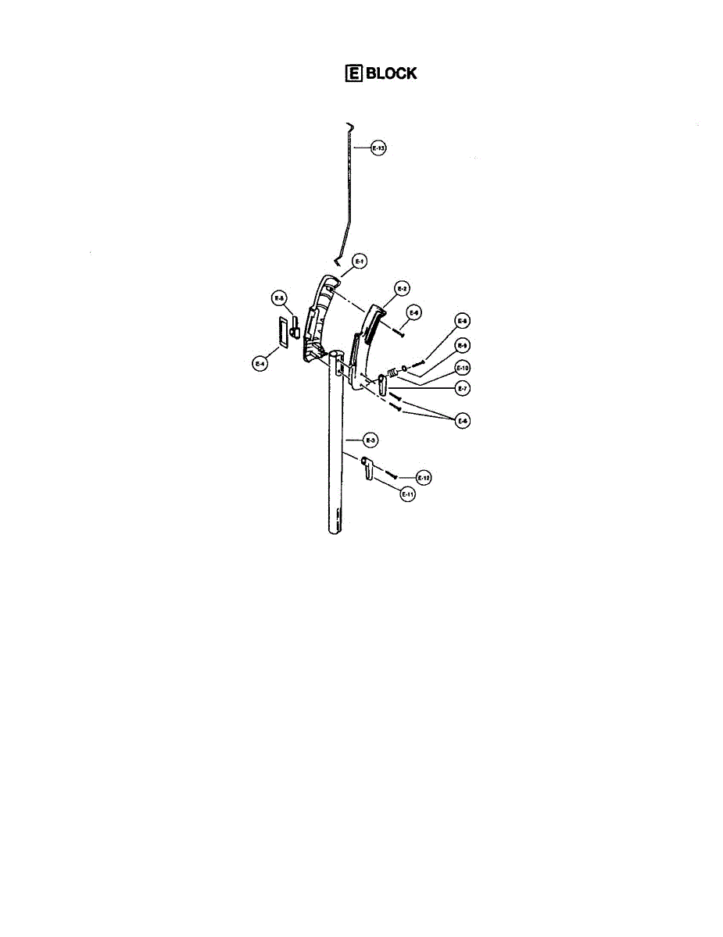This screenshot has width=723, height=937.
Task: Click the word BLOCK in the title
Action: [390, 73]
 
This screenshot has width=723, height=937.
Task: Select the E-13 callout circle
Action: [379, 148]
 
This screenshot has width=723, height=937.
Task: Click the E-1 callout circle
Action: [360, 262]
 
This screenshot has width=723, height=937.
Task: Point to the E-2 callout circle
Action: [400, 289]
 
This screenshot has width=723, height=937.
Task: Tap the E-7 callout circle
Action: [462, 388]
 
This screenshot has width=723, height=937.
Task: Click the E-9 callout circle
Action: [462, 345]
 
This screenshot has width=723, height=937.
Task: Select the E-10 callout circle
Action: [462, 367]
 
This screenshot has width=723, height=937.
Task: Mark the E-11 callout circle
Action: [406, 493]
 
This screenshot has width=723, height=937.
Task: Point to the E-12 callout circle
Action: [423, 476]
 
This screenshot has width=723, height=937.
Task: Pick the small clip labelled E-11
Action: [367, 471]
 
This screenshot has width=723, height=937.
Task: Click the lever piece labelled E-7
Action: [381, 385]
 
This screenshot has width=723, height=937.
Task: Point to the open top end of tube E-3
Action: [337, 355]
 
